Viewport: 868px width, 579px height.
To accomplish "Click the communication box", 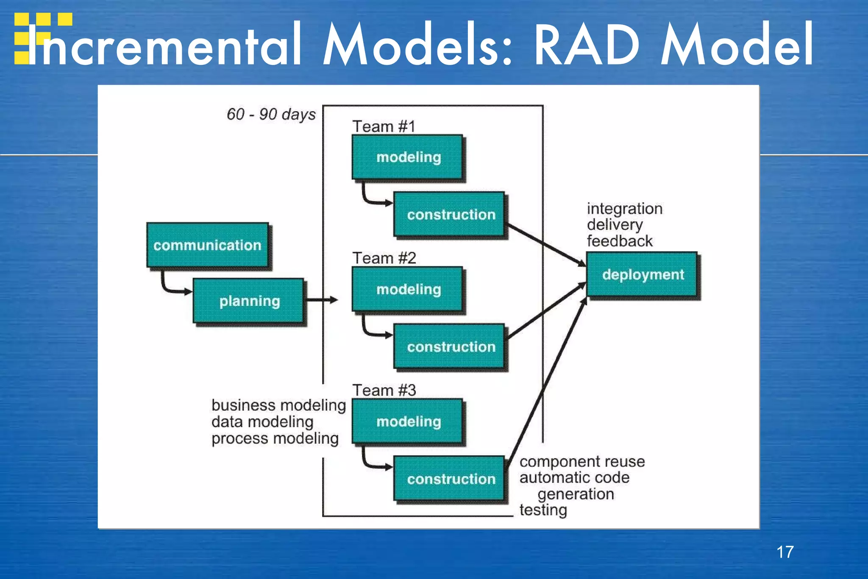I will (207, 245).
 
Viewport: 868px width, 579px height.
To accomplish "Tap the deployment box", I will (642, 274).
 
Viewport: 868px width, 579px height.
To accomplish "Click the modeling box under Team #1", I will (408, 157).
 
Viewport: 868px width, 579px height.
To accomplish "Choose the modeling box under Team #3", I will (408, 421).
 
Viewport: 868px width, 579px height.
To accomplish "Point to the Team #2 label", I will (384, 258).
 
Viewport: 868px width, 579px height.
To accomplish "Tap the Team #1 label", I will (384, 126).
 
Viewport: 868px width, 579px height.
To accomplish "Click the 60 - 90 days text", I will (271, 114).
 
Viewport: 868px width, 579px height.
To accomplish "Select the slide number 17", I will (785, 552).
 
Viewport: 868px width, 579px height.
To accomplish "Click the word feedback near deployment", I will (619, 241).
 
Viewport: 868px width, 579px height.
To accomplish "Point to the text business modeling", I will (278, 405).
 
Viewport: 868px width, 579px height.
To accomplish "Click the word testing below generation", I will (543, 510).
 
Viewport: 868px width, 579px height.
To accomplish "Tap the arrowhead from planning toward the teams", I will (334, 300).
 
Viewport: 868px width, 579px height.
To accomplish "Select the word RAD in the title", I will (587, 45).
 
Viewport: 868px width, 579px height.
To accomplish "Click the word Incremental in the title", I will (165, 45).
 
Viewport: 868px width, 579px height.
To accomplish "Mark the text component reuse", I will (582, 461).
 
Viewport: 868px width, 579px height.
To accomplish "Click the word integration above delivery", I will (624, 209).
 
